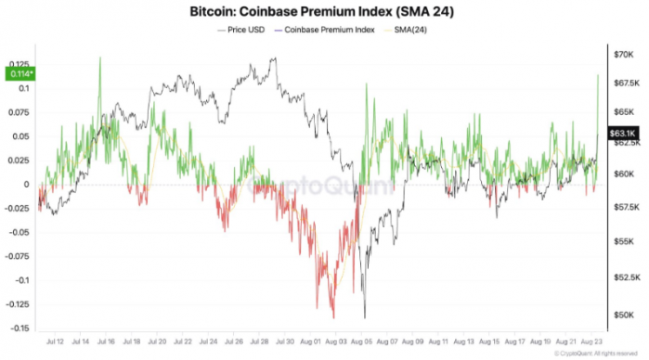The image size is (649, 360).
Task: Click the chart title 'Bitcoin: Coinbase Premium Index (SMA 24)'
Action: click(x=323, y=12)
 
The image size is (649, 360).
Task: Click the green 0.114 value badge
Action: click(x=18, y=73)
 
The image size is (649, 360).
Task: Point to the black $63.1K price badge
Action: click(x=620, y=134)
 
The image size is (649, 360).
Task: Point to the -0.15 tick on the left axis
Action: click(x=18, y=328)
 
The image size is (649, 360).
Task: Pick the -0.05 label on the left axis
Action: click(x=18, y=232)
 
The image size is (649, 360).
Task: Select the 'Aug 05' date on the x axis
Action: click(x=363, y=342)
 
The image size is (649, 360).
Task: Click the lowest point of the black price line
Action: click(x=366, y=317)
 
